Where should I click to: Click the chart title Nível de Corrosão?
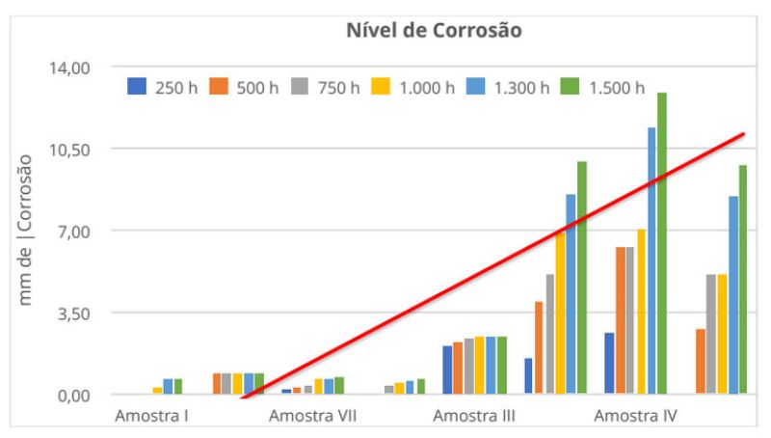pos(434,30)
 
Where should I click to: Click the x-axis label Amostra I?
pos(150,417)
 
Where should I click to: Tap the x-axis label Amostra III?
pos(474,417)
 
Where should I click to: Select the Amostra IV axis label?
pos(634,417)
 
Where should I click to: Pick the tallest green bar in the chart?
pos(662,241)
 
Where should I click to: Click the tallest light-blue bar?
pos(651,260)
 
